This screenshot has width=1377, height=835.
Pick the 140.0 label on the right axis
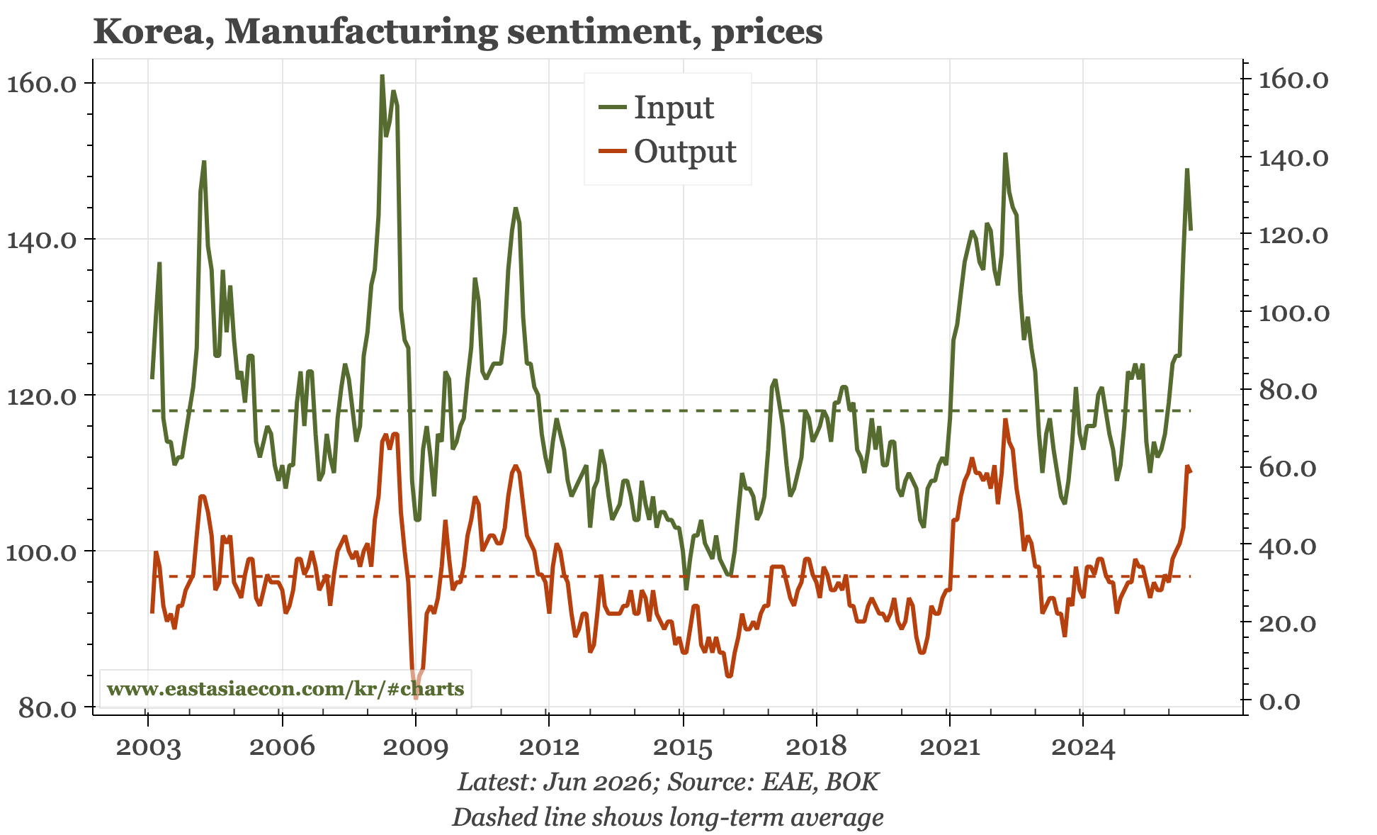1293,157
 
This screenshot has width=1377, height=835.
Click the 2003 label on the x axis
148,747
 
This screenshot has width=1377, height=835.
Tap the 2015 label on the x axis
683,747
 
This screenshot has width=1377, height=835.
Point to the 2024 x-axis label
1083,747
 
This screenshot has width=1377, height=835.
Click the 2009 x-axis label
416,747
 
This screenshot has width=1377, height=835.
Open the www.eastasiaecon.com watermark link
285,688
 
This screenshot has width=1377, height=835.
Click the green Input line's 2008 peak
382,75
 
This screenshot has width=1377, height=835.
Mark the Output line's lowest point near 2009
416,699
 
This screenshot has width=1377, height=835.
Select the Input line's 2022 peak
1004,154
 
